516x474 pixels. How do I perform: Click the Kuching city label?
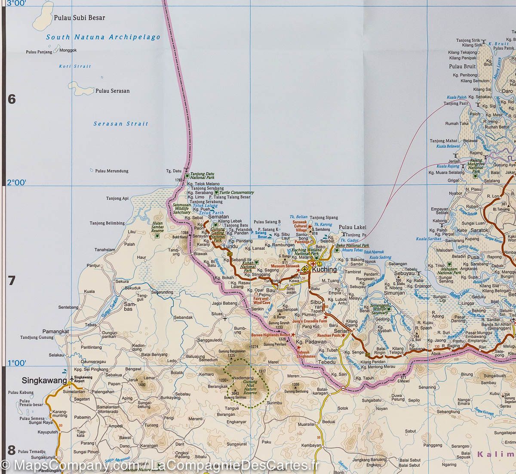[x=325, y=269]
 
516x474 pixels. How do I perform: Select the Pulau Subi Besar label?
[x=80, y=18]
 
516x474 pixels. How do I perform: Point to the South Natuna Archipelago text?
[x=103, y=37]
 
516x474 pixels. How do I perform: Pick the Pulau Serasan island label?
[x=112, y=91]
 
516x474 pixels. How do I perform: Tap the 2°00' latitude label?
[x=17, y=183]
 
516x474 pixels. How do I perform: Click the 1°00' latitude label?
[x=17, y=363]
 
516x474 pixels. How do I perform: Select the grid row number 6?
[x=12, y=99]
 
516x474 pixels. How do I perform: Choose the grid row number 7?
[x=12, y=281]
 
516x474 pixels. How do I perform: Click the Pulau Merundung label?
[x=112, y=171]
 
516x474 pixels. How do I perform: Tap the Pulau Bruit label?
[x=462, y=66]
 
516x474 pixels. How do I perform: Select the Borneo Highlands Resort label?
[x=270, y=335]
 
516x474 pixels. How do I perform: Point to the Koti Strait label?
[x=75, y=66]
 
